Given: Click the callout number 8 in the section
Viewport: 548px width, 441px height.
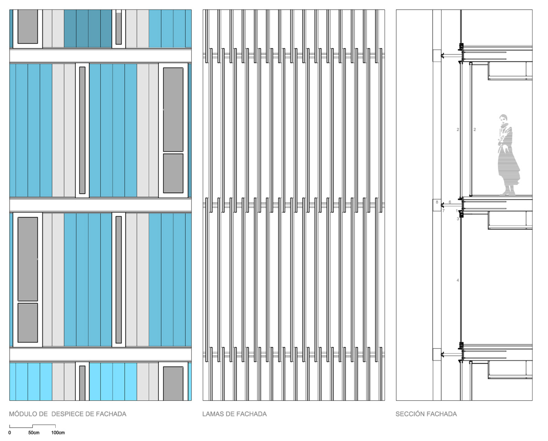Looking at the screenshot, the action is [x=437, y=202].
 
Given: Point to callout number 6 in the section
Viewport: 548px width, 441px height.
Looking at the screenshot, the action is [x=450, y=202].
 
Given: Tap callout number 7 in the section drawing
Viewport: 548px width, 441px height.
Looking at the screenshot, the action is [x=443, y=211].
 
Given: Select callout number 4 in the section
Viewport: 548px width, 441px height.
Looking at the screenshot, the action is [x=458, y=280].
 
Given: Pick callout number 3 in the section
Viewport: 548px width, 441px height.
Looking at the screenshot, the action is [x=458, y=219].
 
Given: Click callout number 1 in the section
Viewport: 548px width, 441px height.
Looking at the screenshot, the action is [x=457, y=211].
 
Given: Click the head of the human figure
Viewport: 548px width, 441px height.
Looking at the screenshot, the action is [x=503, y=119].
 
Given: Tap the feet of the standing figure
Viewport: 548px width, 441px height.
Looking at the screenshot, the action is [x=507, y=193].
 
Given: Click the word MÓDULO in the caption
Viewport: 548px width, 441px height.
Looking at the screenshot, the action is [x=23, y=414].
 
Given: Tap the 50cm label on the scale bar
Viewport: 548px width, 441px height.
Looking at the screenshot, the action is [x=34, y=433].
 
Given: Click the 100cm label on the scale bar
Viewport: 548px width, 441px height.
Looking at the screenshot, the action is [x=58, y=433].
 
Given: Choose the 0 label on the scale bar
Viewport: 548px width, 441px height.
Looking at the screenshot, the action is [x=10, y=433].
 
